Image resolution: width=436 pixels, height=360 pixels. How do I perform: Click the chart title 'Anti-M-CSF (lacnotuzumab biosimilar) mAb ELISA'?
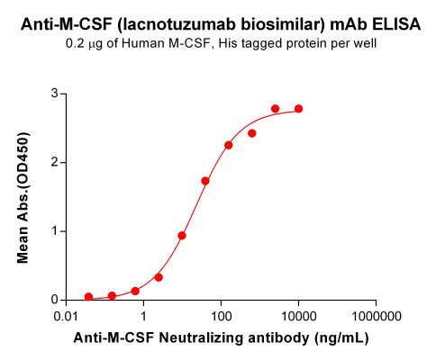[218, 25]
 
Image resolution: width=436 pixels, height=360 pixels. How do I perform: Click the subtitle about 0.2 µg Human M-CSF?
[218, 44]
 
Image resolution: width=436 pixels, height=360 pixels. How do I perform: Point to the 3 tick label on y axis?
[55, 94]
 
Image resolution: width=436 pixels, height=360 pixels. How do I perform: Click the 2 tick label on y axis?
[55, 162]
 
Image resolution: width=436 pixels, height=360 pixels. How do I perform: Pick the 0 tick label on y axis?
[55, 300]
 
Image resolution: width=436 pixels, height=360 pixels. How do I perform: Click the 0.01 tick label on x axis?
[66, 317]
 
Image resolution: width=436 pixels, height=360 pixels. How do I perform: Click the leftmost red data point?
[88, 296]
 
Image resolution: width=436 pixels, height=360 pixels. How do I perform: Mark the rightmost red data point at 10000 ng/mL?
[299, 109]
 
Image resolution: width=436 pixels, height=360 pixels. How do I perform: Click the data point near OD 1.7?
[205, 181]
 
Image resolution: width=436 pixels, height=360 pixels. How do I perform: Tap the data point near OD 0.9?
[182, 236]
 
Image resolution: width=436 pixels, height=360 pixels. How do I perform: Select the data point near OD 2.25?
[229, 145]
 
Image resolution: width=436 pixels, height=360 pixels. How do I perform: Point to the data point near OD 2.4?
[252, 133]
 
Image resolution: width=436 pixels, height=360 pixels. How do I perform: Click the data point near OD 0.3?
[159, 277]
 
